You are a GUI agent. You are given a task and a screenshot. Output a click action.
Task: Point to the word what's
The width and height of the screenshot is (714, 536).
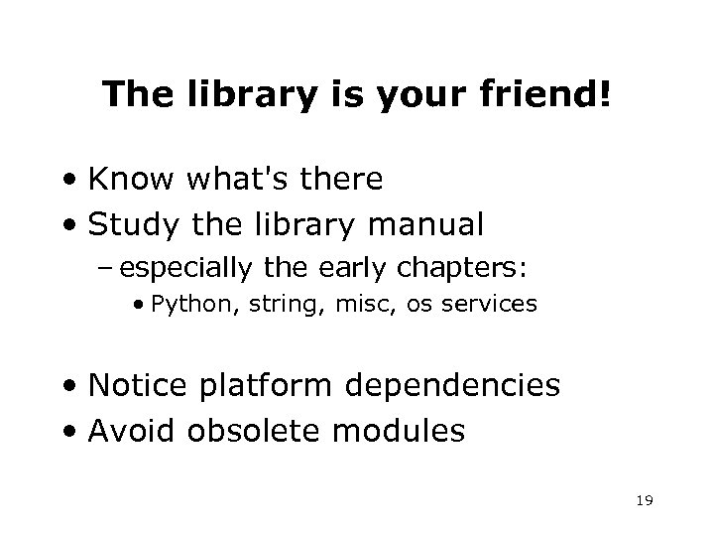[x=231, y=181]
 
